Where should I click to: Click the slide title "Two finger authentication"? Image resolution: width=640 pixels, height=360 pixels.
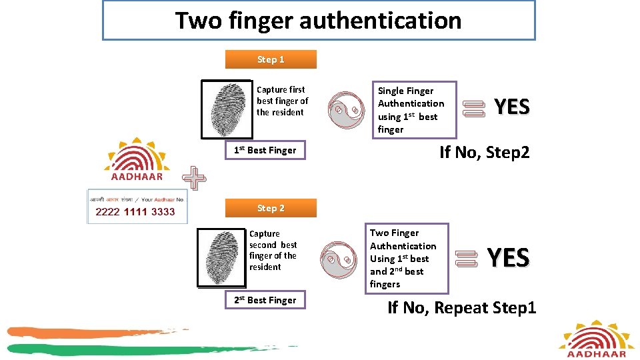pyautogui.click(x=319, y=21)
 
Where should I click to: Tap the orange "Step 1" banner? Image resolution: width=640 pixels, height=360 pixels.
pyautogui.click(x=271, y=59)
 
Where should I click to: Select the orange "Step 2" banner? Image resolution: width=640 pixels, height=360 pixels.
pyautogui.click(x=271, y=208)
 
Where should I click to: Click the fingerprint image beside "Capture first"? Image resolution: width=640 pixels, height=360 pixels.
pyautogui.click(x=226, y=109)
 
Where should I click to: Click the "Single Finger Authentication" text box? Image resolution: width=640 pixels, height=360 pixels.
pyautogui.click(x=413, y=110)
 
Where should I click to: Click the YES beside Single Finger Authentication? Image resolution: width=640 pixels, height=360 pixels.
pyautogui.click(x=511, y=107)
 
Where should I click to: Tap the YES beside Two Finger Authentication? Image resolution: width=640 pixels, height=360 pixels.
pyautogui.click(x=508, y=257)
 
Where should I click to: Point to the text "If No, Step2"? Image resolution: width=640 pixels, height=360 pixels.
pyautogui.click(x=484, y=152)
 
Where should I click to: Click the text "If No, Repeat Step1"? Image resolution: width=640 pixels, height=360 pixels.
pyautogui.click(x=461, y=307)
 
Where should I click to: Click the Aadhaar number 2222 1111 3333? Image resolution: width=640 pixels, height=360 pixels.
pyautogui.click(x=135, y=212)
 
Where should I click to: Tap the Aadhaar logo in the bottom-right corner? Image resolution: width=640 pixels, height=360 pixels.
pyautogui.click(x=596, y=340)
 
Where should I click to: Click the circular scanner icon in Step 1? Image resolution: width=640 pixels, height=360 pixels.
pyautogui.click(x=347, y=109)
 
